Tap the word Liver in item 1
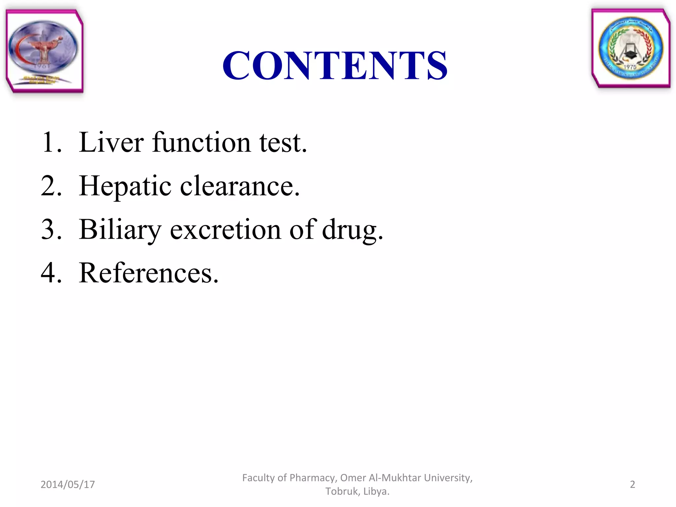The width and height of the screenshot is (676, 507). [111, 142]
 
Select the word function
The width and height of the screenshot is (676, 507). [201, 142]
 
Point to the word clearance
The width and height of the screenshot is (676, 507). [240, 186]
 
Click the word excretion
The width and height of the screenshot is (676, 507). [225, 230]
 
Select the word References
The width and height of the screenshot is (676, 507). [149, 273]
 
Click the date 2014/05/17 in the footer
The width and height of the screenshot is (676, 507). [68, 485]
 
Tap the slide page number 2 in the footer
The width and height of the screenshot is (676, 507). [632, 485]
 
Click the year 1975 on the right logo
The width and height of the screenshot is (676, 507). [630, 67]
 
